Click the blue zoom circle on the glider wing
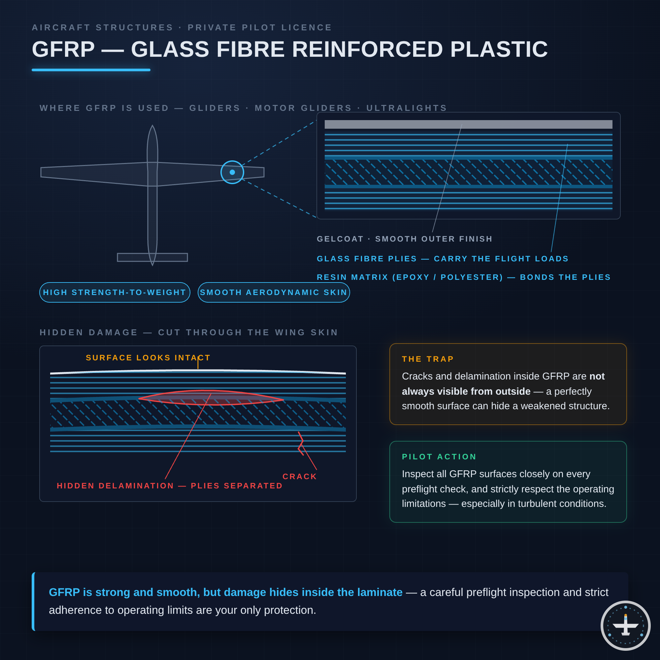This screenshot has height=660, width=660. pyautogui.click(x=232, y=161)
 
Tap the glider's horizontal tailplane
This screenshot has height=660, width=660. pyautogui.click(x=152, y=257)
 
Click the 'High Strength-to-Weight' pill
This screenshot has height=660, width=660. pyautogui.click(x=115, y=292)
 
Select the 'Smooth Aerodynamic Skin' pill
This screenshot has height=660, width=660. pyautogui.click(x=274, y=292)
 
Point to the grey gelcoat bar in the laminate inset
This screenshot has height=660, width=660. pyautogui.click(x=468, y=124)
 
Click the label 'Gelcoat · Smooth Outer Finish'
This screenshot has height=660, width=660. pyautogui.click(x=405, y=239)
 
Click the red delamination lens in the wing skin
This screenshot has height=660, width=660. pyautogui.click(x=211, y=398)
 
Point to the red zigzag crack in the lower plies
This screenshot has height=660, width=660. pyautogui.click(x=301, y=444)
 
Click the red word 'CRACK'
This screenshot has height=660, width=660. pyautogui.click(x=300, y=477)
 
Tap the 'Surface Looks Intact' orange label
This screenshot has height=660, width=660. pyautogui.click(x=148, y=358)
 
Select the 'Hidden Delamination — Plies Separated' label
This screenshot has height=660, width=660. pyautogui.click(x=170, y=486)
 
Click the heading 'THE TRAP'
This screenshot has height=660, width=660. pyautogui.click(x=428, y=359)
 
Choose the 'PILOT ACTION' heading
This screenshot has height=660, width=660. pyautogui.click(x=439, y=457)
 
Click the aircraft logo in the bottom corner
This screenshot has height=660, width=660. pyautogui.click(x=625, y=625)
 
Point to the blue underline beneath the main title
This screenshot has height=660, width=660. pyautogui.click(x=91, y=70)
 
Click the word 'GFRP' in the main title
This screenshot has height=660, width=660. pyautogui.click(x=63, y=49)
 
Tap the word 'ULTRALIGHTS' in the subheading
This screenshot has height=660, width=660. pyautogui.click(x=407, y=108)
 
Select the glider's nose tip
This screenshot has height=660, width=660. pyautogui.click(x=152, y=125)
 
